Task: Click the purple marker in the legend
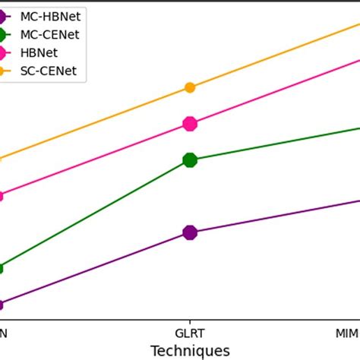coord(5,15)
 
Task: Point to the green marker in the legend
coord(5,34)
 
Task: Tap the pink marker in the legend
coord(5,53)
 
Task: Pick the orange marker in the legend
coord(5,72)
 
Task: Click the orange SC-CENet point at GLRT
coord(190,87)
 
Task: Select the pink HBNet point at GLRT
coord(190,124)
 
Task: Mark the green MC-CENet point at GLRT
coord(190,159)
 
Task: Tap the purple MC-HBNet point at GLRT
coord(190,232)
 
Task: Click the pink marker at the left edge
coord(2,196)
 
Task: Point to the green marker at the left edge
coord(2,268)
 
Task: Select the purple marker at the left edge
coord(2,305)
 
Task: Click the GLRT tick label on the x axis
coord(190,333)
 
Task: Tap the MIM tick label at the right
coord(348,333)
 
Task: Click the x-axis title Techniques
coord(190,350)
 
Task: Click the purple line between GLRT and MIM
coord(273,216)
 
